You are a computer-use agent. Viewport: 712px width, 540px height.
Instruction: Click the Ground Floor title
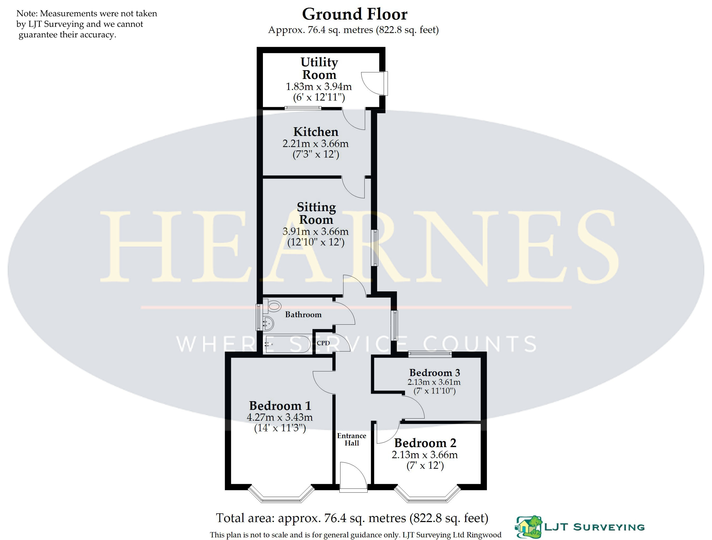tap(355, 14)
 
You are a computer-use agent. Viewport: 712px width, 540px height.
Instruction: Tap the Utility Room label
tap(319, 68)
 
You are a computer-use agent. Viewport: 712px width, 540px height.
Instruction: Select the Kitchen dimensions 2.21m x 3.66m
tap(315, 143)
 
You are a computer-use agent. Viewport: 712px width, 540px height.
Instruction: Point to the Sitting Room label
tap(316, 213)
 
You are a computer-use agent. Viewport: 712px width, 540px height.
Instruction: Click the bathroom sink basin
tap(268, 323)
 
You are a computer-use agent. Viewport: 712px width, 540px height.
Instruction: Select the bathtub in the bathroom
tap(287, 344)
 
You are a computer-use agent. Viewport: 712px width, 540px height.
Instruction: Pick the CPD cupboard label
tap(323, 343)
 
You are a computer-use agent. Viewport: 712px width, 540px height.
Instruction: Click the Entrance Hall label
tap(352, 439)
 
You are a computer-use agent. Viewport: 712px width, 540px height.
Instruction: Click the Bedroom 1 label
tap(280, 405)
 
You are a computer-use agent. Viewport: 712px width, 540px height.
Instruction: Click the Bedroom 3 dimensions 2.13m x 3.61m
tap(434, 382)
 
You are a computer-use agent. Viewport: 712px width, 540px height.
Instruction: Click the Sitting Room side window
tap(374, 248)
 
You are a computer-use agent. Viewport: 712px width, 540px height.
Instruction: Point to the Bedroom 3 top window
tap(430, 354)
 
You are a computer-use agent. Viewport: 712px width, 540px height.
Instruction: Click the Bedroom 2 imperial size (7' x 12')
tap(425, 466)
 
